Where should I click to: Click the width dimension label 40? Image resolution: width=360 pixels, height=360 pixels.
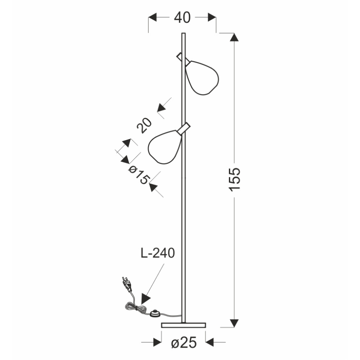click(182, 17)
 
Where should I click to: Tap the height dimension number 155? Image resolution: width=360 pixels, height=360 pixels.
click(235, 179)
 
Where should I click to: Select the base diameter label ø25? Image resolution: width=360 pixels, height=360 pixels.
click(183, 343)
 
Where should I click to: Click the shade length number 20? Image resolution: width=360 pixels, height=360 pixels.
click(144, 125)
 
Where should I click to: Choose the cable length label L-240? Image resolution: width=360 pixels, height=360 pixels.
click(157, 253)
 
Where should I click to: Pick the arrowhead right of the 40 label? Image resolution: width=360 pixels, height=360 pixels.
click(212, 17)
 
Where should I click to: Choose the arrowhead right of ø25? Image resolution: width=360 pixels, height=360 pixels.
click(210, 343)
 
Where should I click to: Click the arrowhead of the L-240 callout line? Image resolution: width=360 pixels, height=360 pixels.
click(145, 299)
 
